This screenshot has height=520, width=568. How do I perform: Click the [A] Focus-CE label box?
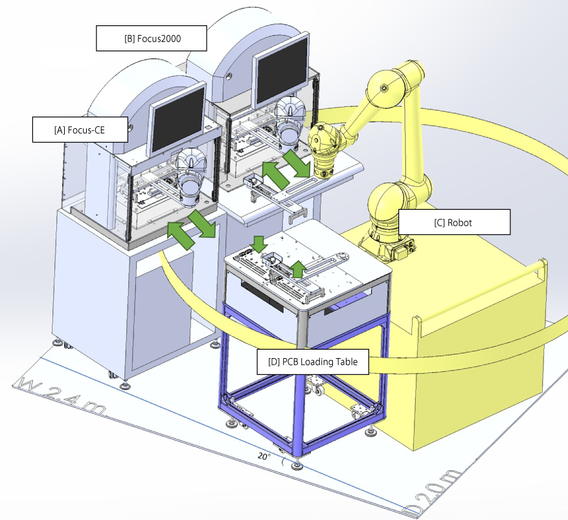pos(80,130)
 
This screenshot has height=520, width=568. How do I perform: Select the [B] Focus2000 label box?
pos(152,38)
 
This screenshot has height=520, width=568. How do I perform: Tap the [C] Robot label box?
pos(454,222)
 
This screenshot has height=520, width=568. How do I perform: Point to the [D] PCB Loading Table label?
pos(313,362)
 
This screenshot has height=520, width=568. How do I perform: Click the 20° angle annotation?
pos(264,457)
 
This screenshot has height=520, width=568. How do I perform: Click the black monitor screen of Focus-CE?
pos(177,119)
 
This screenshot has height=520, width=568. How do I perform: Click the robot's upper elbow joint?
pos(385,88)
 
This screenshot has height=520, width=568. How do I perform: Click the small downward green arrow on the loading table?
pos(259,244)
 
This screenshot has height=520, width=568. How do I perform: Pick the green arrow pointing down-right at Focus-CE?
pos(202,224)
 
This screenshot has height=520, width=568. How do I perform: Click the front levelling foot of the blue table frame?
pos(297,464)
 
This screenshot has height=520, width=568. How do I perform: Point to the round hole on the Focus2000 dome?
pos(229,76)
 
